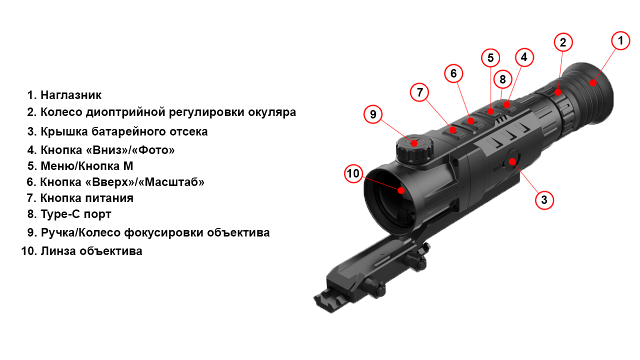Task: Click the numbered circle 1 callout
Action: point(620,41)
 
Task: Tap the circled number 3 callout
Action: point(544,200)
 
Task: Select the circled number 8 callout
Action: point(502,79)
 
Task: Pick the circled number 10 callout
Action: point(353,173)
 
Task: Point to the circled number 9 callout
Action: point(373,114)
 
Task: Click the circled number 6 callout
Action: point(453,73)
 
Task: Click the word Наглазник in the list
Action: point(71,95)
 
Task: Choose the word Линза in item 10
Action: point(58,251)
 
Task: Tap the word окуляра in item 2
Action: point(272,112)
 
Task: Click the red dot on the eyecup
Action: point(593,83)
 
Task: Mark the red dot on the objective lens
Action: point(401,190)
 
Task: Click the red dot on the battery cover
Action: point(512,162)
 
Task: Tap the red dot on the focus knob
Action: point(414,142)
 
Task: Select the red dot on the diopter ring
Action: point(557,92)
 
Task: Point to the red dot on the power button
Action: point(452,130)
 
